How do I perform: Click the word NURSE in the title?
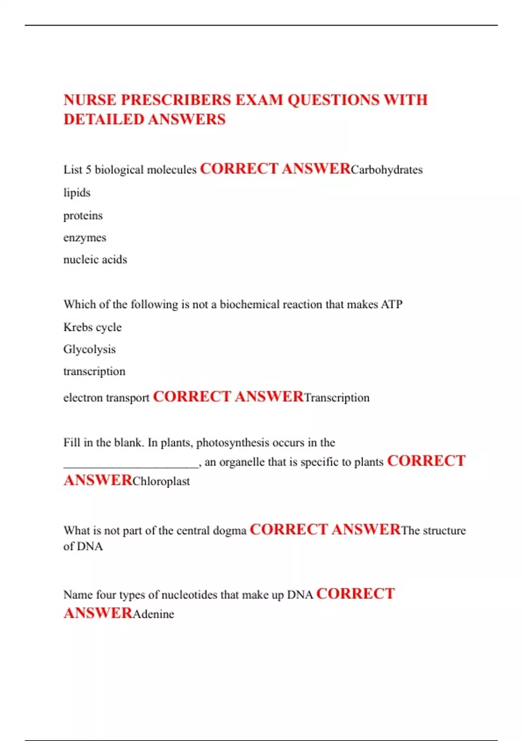90,100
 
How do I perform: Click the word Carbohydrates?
387,170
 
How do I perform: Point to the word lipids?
77,193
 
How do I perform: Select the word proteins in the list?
83,215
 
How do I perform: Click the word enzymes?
85,238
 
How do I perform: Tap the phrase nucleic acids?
95,260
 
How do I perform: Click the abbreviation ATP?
391,304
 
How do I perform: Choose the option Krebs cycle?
92,327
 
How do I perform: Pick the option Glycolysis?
89,349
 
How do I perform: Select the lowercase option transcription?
94,371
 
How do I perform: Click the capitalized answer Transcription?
336,398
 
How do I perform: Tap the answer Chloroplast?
161,481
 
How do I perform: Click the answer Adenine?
153,614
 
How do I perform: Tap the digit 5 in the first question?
88,170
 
